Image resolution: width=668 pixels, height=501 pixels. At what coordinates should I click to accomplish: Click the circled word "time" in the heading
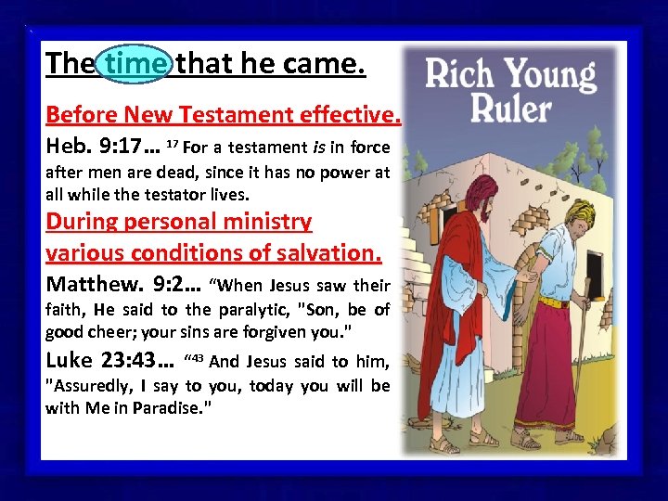click(136, 64)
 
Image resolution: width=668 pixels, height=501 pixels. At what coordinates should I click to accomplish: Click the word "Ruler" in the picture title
click(510, 108)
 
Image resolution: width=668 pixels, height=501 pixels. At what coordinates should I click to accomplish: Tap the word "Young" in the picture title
click(549, 74)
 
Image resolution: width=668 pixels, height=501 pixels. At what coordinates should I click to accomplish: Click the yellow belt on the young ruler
click(555, 302)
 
